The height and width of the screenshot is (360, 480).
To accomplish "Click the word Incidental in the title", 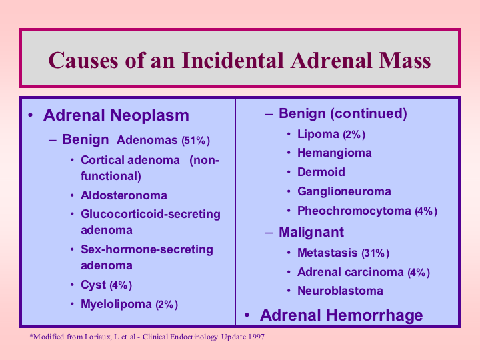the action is pyautogui.click(x=233, y=60).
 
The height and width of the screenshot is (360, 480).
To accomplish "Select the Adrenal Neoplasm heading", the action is pyautogui.click(x=116, y=115).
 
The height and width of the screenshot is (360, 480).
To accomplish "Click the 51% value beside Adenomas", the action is pyautogui.click(x=195, y=141).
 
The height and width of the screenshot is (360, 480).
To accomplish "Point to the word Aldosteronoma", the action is pyautogui.click(x=124, y=195).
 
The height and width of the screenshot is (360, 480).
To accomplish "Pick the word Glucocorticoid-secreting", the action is pyautogui.click(x=151, y=214).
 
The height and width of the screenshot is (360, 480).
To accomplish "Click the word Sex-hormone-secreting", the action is pyautogui.click(x=147, y=249).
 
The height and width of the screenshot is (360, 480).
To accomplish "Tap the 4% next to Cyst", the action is pyautogui.click(x=121, y=285).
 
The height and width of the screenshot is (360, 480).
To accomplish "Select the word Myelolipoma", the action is pyautogui.click(x=116, y=304).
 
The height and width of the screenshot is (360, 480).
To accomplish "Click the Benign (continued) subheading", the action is pyautogui.click(x=343, y=113).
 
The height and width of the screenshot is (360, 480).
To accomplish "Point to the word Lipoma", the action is pyautogui.click(x=319, y=135).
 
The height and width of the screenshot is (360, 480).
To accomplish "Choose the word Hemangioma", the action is pyautogui.click(x=335, y=153).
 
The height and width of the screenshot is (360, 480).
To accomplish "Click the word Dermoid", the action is pyautogui.click(x=321, y=172).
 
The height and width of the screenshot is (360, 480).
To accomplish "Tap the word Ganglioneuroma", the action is pyautogui.click(x=344, y=191).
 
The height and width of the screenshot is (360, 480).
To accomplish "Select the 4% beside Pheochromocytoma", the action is pyautogui.click(x=426, y=211).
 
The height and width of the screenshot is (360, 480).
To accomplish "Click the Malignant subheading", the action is pyautogui.click(x=311, y=233).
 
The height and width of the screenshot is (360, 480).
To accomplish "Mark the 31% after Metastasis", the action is pyautogui.click(x=375, y=253).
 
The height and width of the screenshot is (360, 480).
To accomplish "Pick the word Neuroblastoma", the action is pyautogui.click(x=340, y=291).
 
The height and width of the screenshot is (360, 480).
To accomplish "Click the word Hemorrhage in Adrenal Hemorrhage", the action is pyautogui.click(x=375, y=315).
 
